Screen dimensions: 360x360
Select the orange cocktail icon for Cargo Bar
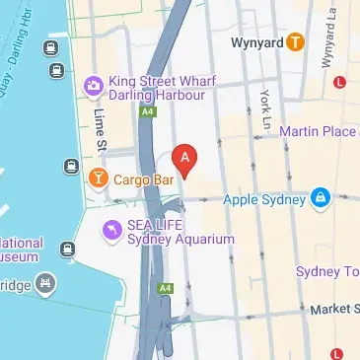tap(98, 179)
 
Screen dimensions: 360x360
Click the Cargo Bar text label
tap(144, 180)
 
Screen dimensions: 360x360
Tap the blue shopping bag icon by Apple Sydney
tap(320, 198)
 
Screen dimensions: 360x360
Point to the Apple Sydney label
tap(261, 198)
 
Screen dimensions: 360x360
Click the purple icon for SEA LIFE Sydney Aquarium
tap(113, 231)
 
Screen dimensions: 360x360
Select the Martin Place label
tap(319, 131)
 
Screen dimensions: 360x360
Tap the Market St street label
tap(335, 309)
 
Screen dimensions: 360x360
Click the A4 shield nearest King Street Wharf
tap(147, 114)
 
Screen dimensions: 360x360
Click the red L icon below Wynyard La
tap(340, 82)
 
